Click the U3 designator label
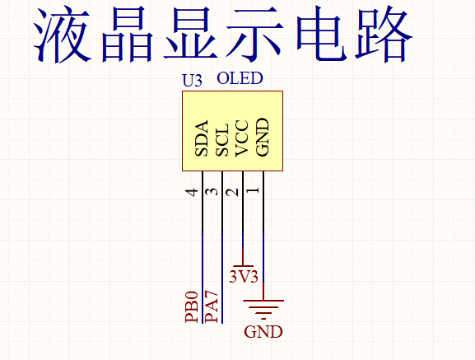coord(192,82)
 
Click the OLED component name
coord(240,79)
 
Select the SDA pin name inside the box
coord(202,138)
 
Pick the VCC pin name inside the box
coord(242,138)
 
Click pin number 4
coord(193,192)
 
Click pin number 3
coord(212,192)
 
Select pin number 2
coord(233,192)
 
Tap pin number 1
coord(254,192)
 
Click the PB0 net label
coord(192,306)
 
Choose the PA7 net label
coord(212,306)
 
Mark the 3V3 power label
coord(244,276)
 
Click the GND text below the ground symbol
coord(263,333)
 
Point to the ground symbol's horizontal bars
coord(263,307)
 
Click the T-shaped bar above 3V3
coord(243,264)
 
